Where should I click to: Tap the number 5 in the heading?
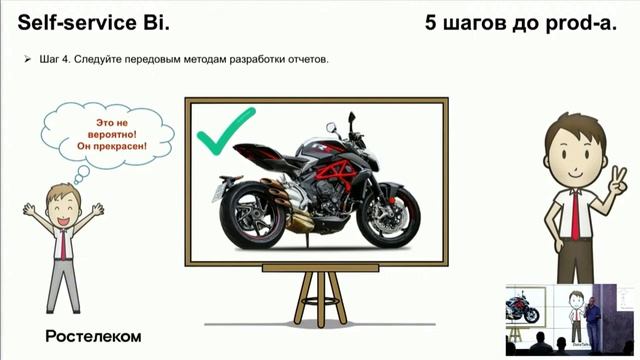pyautogui.click(x=431, y=21)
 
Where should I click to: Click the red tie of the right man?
pyautogui.click(x=575, y=211)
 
